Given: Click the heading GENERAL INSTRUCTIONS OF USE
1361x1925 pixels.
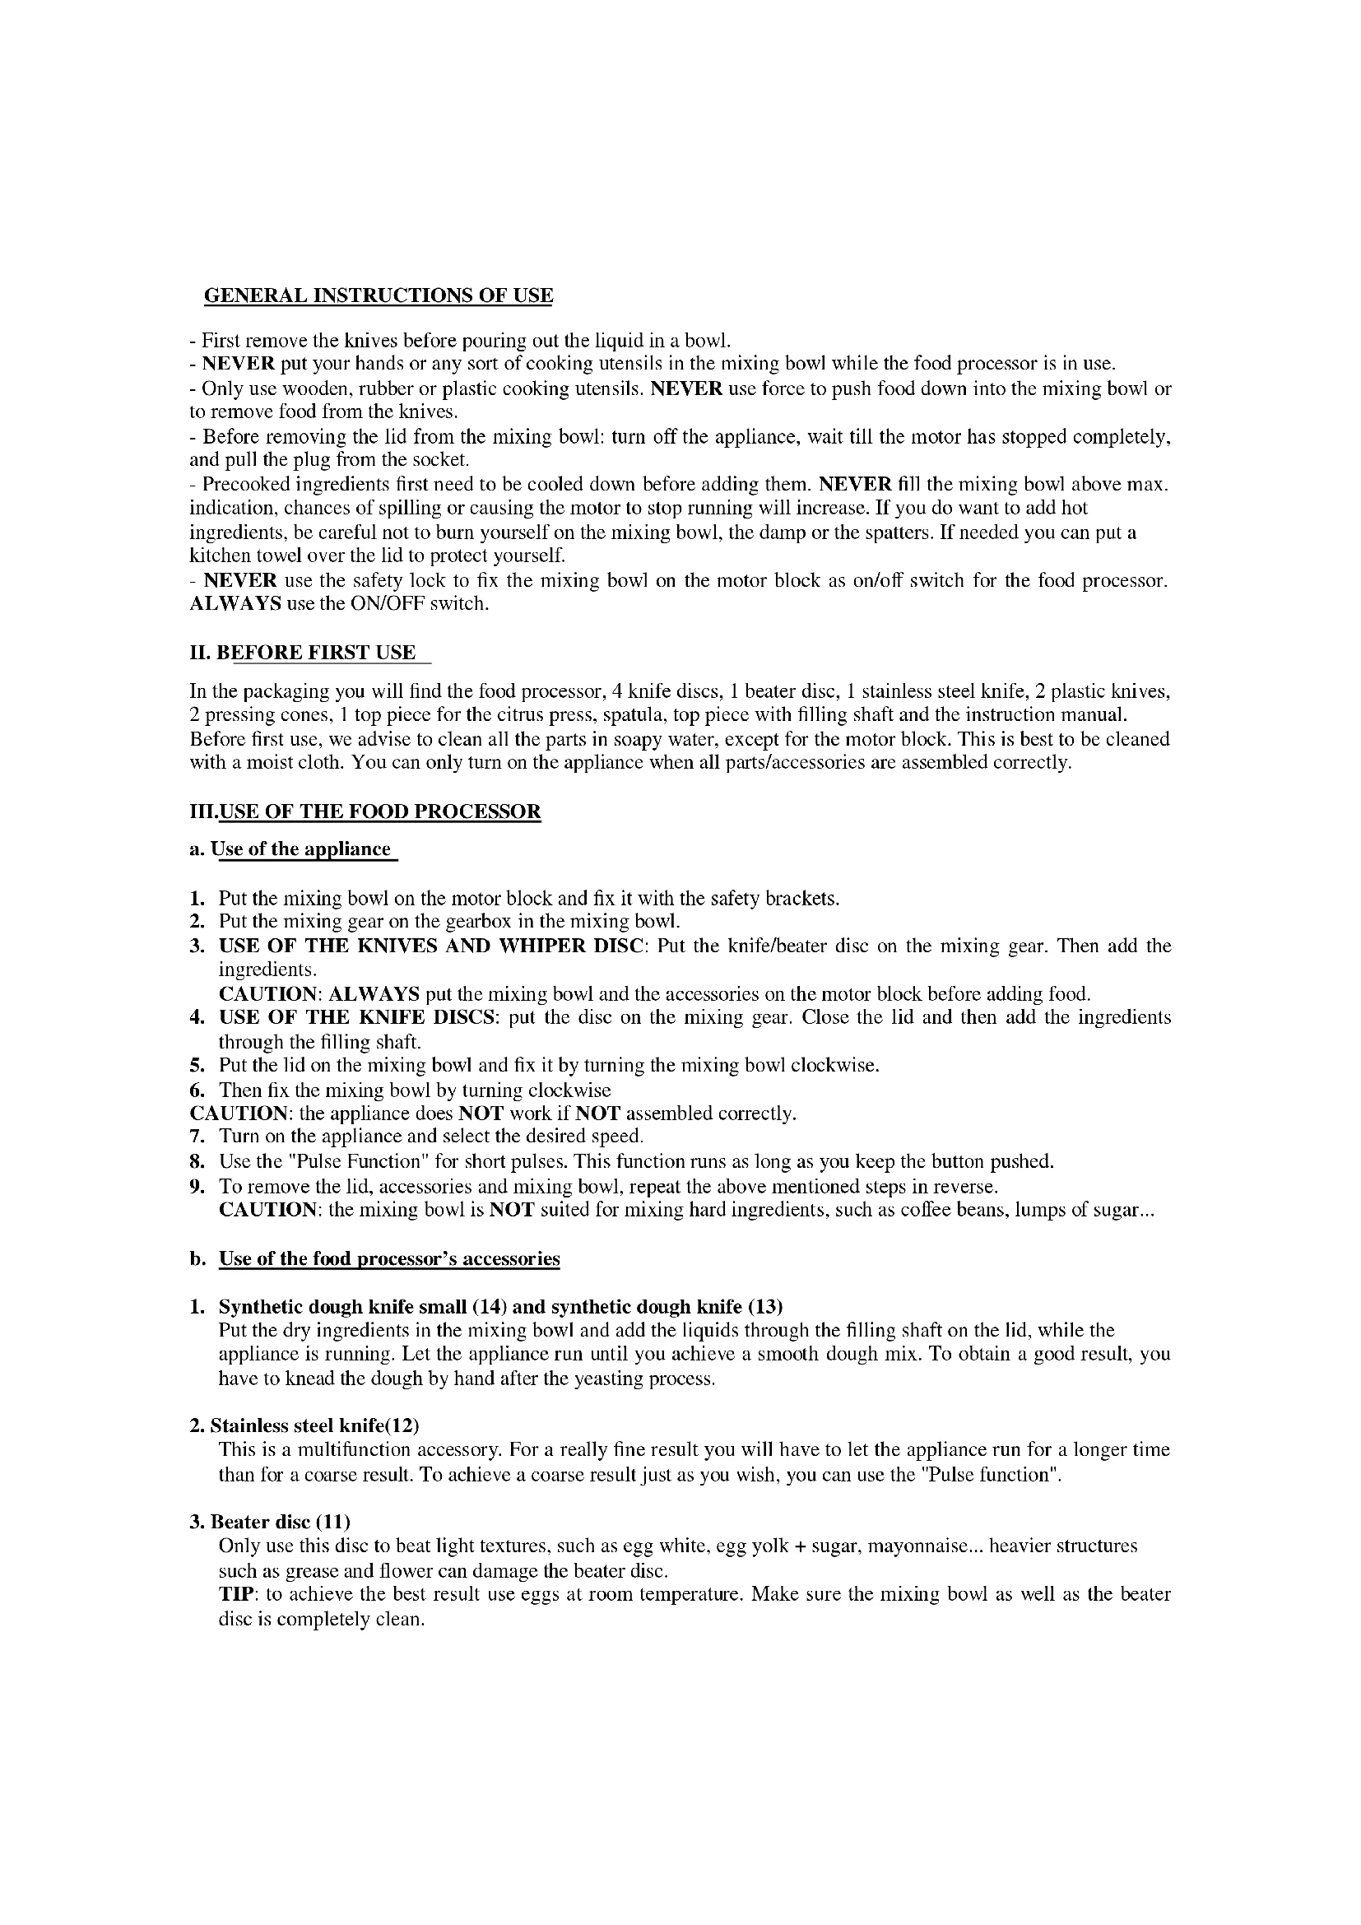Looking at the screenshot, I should coord(379,296).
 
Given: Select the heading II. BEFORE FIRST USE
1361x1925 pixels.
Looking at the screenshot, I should coord(303,653).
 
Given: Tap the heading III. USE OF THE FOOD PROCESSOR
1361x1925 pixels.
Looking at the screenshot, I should coord(365,811).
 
